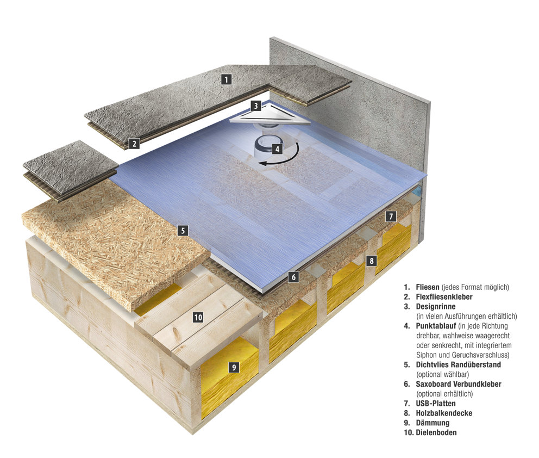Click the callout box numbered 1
[227, 79]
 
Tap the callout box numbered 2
[134, 144]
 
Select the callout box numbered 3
[256, 105]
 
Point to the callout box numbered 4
[277, 148]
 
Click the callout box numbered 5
[183, 231]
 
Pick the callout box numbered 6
[293, 277]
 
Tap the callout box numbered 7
[391, 216]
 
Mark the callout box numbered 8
[371, 260]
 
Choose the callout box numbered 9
[234, 368]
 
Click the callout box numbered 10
[198, 317]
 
